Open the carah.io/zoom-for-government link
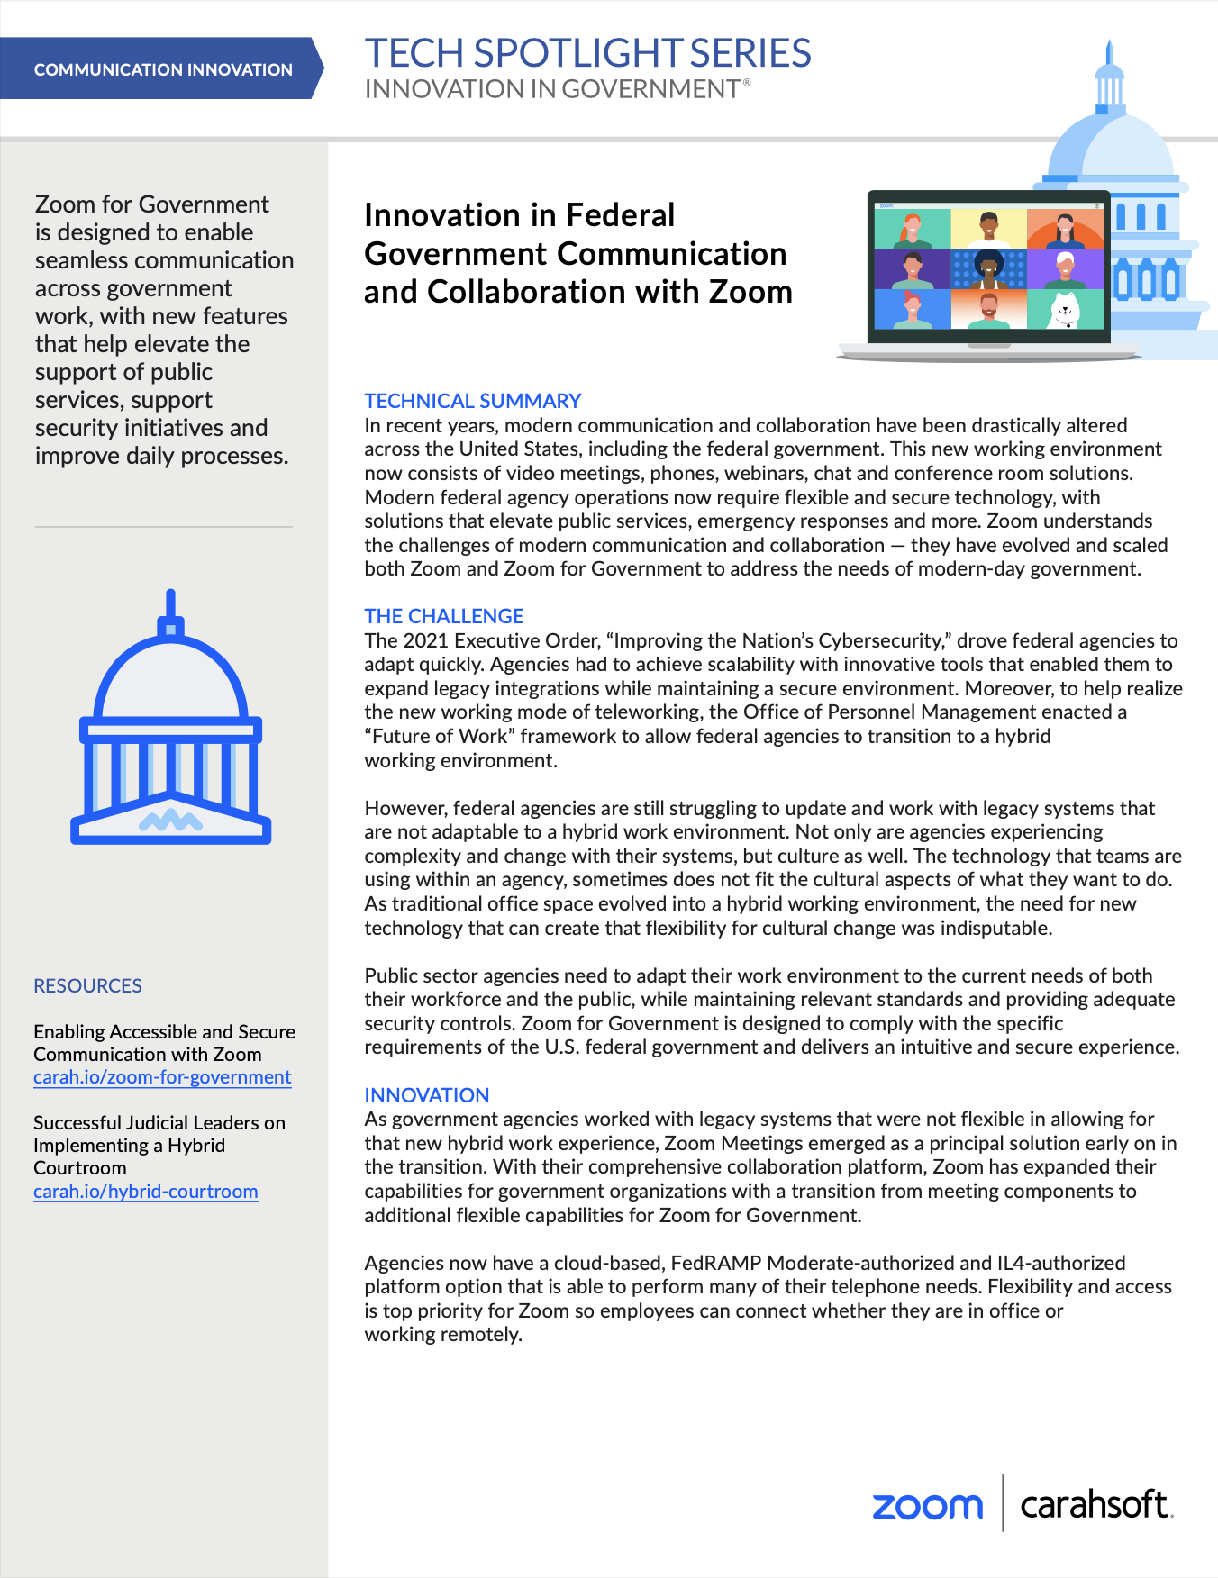pos(162,1077)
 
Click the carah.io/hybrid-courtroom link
pos(146,1192)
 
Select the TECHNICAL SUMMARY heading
pos(472,401)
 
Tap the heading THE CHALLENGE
pos(444,616)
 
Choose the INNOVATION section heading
pos(427,1095)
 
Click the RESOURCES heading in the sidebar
pos(87,985)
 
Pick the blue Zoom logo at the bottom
pos(927,1506)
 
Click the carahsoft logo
pos(1095,1504)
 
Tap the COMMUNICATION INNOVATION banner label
pos(163,69)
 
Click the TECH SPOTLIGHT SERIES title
pos(587,53)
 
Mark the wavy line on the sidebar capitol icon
pos(170,820)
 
